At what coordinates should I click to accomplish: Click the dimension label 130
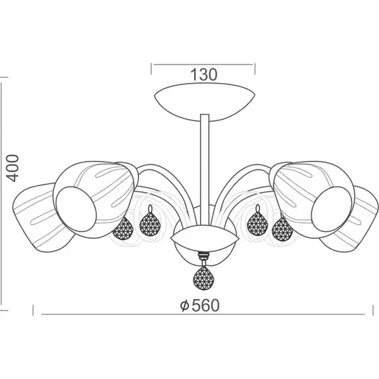203,74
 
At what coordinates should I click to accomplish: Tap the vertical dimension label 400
12,168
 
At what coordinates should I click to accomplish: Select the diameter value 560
205,305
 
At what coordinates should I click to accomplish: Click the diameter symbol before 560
184,306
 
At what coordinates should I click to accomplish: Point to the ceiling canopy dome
205,102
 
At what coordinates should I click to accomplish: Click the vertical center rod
205,169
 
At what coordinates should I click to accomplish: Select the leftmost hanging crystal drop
123,229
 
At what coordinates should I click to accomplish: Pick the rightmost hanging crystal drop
282,229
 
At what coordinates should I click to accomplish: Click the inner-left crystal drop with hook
150,221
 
